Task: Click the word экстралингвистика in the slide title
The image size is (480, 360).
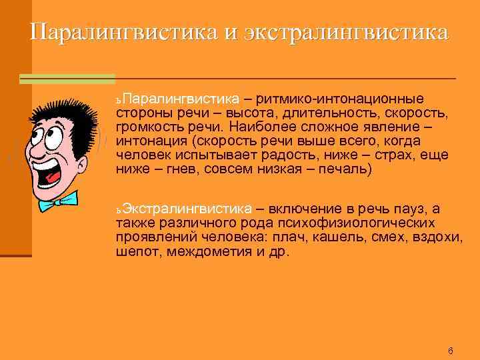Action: point(347,32)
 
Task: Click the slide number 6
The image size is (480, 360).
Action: point(450,351)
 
